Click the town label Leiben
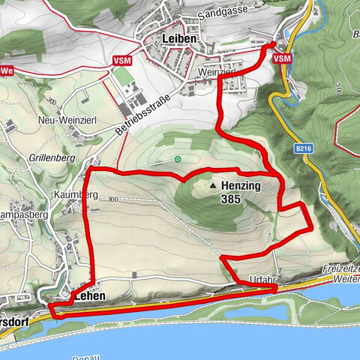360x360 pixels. [x=178, y=38]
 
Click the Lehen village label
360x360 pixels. [x=90, y=297]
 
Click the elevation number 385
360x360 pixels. [x=231, y=200]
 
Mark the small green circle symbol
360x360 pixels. [x=178, y=159]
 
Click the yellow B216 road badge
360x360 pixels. [x=303, y=149]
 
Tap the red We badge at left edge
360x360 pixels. [x=7, y=70]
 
